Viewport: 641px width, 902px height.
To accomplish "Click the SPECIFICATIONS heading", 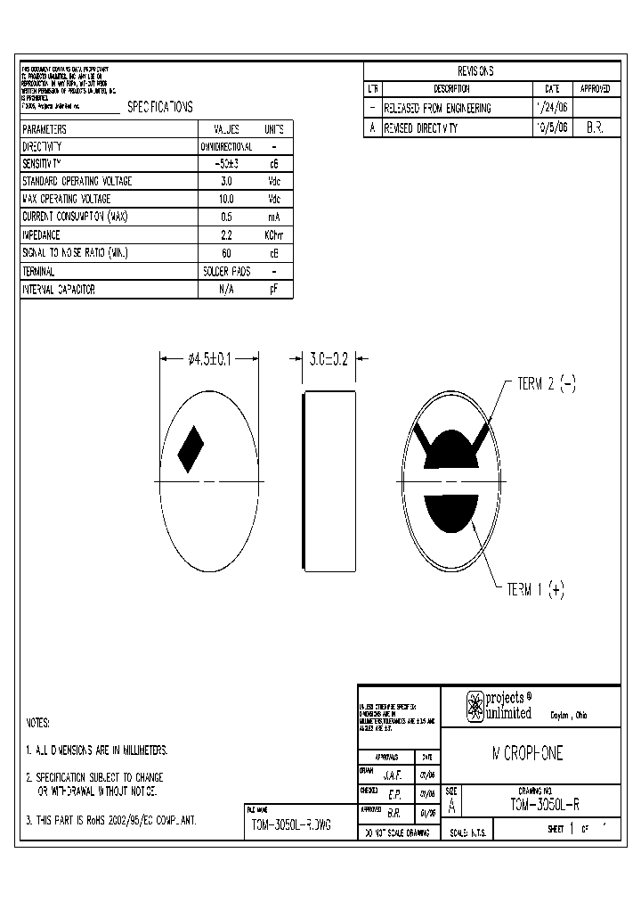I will click(x=159, y=107).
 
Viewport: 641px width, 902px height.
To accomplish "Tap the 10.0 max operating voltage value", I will click(x=226, y=200).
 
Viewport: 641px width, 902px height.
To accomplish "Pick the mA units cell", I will click(x=273, y=217).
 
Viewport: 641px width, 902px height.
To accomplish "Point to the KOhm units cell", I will click(x=273, y=235).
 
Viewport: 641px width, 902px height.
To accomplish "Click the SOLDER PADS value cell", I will click(x=226, y=272).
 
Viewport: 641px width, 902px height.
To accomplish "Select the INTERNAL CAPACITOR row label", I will click(x=59, y=290).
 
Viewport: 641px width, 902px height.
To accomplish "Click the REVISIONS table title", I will click(x=475, y=71).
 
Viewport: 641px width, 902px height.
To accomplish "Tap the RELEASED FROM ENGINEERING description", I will click(x=437, y=108).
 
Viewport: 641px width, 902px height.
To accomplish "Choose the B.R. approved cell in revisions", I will click(x=595, y=127).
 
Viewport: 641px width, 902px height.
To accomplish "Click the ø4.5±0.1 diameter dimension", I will click(x=208, y=359).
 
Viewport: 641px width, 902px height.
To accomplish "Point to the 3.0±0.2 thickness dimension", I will click(x=328, y=359).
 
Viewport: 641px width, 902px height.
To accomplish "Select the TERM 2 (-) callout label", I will click(x=547, y=384).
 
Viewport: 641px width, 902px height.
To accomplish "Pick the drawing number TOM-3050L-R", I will click(x=545, y=803).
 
